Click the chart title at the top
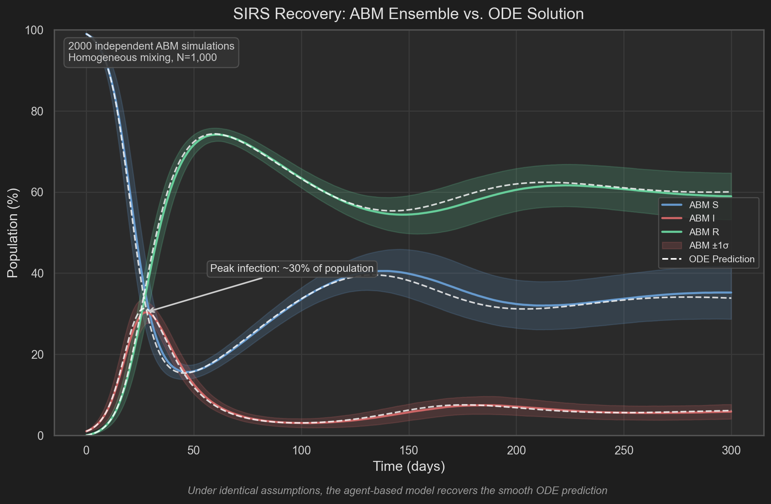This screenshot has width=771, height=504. click(x=408, y=14)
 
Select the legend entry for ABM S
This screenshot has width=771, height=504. click(x=703, y=205)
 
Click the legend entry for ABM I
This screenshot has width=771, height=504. click(x=701, y=218)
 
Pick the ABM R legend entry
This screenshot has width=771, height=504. click(x=703, y=232)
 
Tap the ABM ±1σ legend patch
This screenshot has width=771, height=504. click(x=672, y=246)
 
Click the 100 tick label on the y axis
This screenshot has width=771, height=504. click(x=34, y=30)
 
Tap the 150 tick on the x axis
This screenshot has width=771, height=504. click(x=409, y=451)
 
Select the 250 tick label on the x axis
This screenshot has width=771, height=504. click(x=624, y=451)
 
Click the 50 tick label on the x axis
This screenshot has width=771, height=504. click(x=194, y=451)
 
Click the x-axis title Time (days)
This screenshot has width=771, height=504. click(x=409, y=467)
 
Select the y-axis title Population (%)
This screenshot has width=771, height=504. click(x=13, y=233)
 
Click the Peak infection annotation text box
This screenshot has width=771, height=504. click(x=292, y=268)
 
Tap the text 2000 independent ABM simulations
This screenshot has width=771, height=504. click(x=151, y=46)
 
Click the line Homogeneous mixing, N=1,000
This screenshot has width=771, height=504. click(x=142, y=58)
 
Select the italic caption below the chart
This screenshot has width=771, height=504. click(x=397, y=491)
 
